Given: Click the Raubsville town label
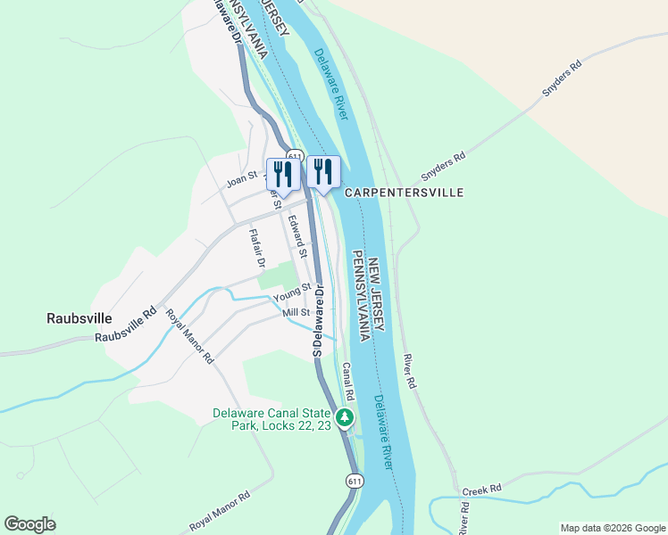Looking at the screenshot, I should [79, 317].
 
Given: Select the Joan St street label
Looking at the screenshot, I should [242, 179].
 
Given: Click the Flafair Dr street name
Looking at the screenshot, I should [257, 248].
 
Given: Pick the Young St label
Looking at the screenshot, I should [291, 292].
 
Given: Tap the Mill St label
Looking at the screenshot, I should [296, 313].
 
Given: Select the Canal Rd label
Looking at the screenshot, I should [349, 382].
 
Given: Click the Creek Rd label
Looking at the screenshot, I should [482, 490].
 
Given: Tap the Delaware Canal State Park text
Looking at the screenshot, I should [271, 419].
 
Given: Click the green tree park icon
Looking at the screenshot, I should [346, 416].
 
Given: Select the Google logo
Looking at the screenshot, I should [30, 524].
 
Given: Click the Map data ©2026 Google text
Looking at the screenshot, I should [612, 528].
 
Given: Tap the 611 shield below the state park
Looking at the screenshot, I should [355, 481].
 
